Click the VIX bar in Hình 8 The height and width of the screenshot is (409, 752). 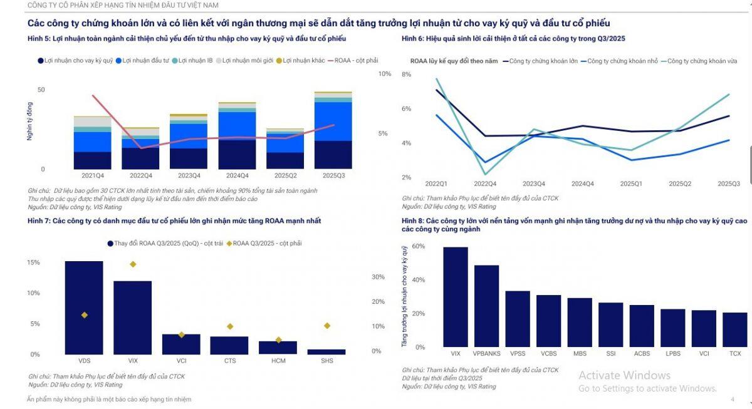(456, 297)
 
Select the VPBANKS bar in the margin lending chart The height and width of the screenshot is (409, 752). (486, 306)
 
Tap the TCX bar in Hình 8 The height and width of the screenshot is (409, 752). (734, 329)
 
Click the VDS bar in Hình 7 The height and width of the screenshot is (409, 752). (84, 308)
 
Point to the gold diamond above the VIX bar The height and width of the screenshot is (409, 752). (133, 264)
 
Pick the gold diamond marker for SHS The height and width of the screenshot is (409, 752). (326, 326)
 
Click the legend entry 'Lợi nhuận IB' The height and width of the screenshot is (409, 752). (195, 61)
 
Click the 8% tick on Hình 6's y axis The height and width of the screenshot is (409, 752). (406, 75)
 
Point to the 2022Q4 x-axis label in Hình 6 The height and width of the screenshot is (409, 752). (484, 184)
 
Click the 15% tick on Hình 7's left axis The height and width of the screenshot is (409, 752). (33, 262)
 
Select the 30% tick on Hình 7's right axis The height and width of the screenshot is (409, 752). (378, 277)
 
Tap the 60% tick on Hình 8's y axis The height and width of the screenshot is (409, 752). (419, 247)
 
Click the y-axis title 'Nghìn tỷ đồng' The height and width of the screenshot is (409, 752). (29, 123)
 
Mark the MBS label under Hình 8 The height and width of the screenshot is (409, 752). (580, 354)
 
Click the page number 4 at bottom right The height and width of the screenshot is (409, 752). (732, 400)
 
